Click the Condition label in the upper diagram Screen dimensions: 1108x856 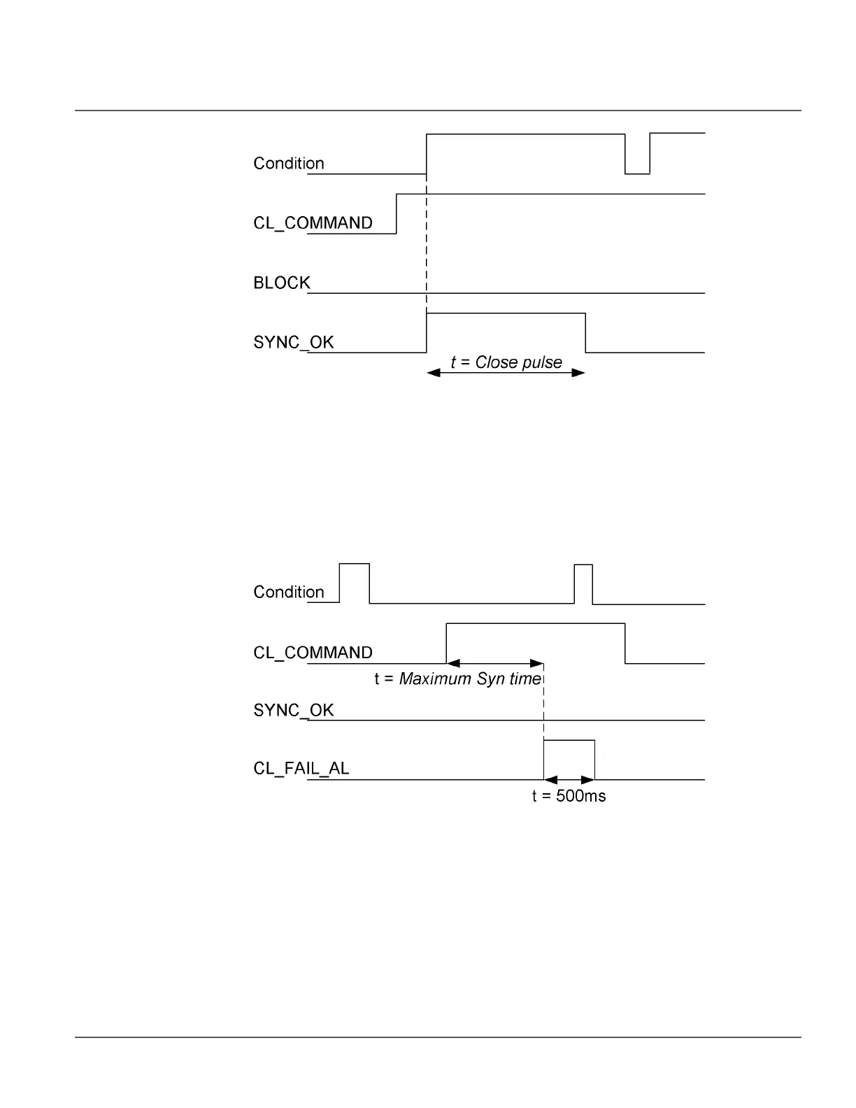pos(288,164)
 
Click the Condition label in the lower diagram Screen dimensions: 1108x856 pos(288,592)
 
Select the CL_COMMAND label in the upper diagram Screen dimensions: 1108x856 pos(313,223)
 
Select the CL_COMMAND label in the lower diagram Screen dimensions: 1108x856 pos(313,653)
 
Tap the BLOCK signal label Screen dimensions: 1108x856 pos(281,283)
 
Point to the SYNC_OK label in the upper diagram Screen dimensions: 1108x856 pos(293,343)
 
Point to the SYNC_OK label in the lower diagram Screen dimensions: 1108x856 pos(293,711)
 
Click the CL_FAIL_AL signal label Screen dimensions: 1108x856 pos(301,769)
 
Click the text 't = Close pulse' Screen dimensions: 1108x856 pos(506,362)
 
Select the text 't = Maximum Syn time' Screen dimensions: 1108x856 pos(458,679)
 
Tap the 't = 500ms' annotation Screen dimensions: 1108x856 pos(569,796)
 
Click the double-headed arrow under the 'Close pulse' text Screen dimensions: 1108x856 pos(506,373)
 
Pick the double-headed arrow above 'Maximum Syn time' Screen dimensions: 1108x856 pos(495,662)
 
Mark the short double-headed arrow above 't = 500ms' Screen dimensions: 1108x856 pos(569,779)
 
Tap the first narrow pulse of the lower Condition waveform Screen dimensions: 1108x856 pos(355,581)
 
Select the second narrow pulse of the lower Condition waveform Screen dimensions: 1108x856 pos(583,582)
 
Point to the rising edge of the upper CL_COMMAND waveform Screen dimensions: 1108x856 pos(397,214)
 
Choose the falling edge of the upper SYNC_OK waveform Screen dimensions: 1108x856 pos(585,334)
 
